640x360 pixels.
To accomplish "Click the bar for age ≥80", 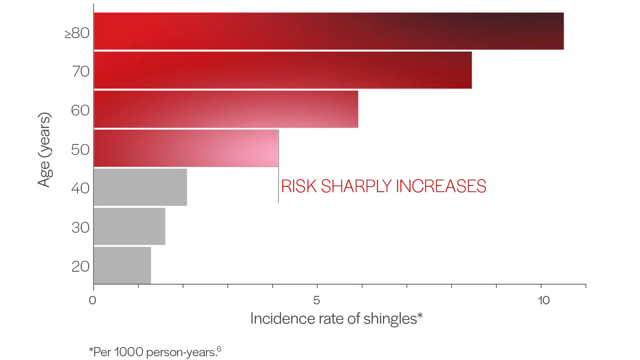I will coord(329,31).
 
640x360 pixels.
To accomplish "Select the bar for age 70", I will coord(283,70).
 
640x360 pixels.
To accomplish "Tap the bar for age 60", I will coord(226,109).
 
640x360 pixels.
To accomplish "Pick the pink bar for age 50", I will coord(186,148).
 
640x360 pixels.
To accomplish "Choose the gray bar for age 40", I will coord(140,187).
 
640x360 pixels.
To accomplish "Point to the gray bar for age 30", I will coord(129,226).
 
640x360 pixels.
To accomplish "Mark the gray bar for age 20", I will coord(122,265).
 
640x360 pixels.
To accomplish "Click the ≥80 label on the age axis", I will coord(77,33).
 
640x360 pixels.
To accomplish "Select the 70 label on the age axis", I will coord(81,72).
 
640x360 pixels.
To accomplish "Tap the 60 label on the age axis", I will coord(80,111).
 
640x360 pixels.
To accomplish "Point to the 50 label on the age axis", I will coord(80,149).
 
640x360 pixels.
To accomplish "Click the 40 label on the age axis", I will coord(80,188).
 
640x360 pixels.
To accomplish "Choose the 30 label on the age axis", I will coord(80,227).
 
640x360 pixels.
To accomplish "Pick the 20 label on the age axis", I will coord(80,266).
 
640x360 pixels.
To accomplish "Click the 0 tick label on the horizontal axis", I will coord(93,300).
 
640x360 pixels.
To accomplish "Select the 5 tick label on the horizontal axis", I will coord(317,300).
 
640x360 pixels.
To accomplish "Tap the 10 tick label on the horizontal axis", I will coord(543,300).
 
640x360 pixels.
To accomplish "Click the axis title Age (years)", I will coord(44,149).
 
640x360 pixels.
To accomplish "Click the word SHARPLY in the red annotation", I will coord(356,186).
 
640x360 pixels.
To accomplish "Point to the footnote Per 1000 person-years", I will coord(155,352).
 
